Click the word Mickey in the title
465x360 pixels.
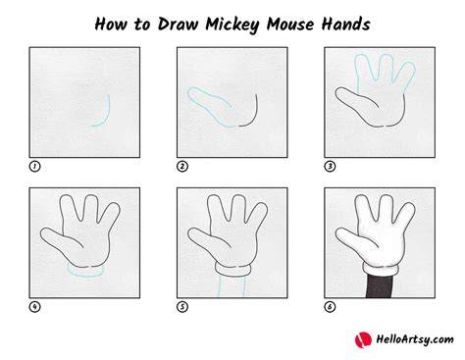tap(232, 25)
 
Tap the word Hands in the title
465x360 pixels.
tap(345, 24)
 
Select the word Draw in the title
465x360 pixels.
tap(178, 24)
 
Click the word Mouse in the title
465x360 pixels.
tap(290, 24)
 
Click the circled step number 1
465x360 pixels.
tap(34, 167)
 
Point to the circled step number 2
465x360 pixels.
tap(182, 167)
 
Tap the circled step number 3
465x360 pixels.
tap(330, 167)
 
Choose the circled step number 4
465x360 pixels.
tap(34, 307)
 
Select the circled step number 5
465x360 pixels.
tap(182, 307)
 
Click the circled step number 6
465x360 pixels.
tap(330, 307)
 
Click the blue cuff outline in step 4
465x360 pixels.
tap(85, 277)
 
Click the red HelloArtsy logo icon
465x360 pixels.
tap(363, 340)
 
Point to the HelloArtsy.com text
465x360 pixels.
tap(415, 339)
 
